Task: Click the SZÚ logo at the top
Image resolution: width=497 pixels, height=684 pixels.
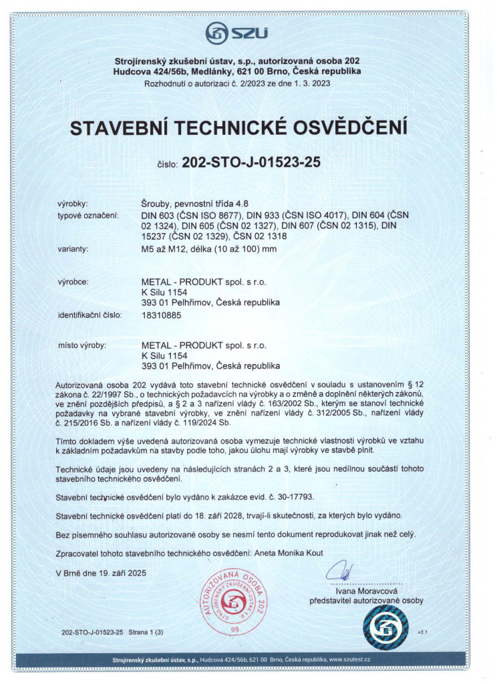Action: pos(236,32)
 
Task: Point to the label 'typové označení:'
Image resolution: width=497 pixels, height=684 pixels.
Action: pos(88,215)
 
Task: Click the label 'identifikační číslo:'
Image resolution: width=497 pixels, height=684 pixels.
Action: pos(90,315)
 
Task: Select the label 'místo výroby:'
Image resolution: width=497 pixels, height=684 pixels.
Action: pos(83,345)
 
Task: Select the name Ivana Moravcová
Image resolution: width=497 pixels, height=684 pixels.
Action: pos(366,590)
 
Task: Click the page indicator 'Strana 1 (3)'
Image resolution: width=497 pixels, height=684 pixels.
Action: pos(145,631)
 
